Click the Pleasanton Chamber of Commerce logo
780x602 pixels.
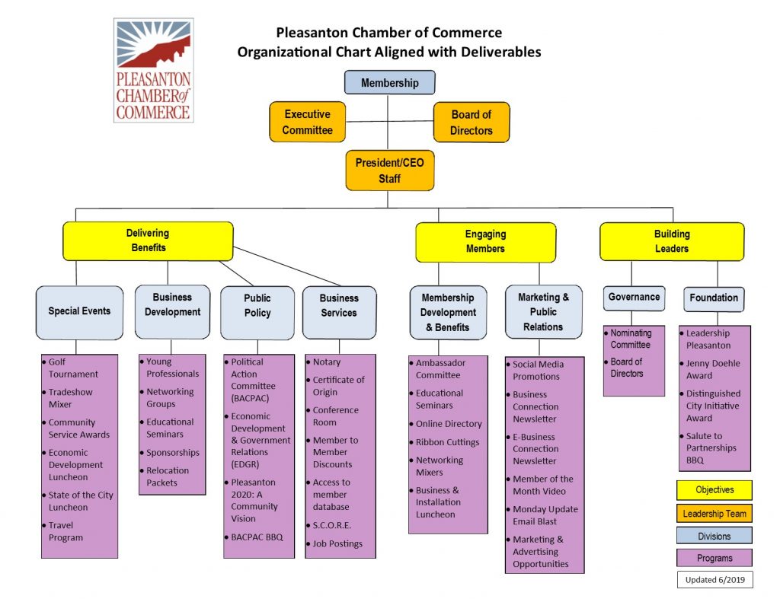coord(153,71)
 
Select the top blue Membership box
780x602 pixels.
coord(389,82)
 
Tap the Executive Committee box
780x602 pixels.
coord(307,122)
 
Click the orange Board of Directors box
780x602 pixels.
coord(471,122)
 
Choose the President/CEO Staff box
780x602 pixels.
coord(389,170)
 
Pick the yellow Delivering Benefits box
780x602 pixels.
coord(148,240)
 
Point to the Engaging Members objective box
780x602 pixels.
coord(485,241)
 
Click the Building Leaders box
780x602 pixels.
coord(671,241)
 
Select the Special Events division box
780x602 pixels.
coord(79,311)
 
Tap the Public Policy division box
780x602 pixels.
coord(257,306)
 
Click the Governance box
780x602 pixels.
coord(634,298)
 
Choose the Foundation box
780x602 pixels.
coord(713,298)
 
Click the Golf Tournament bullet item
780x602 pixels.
coord(73,368)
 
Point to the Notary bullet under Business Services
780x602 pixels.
coord(327,362)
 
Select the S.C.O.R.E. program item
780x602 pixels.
coord(332,525)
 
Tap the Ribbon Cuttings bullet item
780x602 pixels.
coord(447,442)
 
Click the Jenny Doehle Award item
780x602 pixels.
coord(713,369)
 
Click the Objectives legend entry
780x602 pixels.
coord(714,489)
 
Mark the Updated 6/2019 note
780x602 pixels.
coord(714,579)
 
